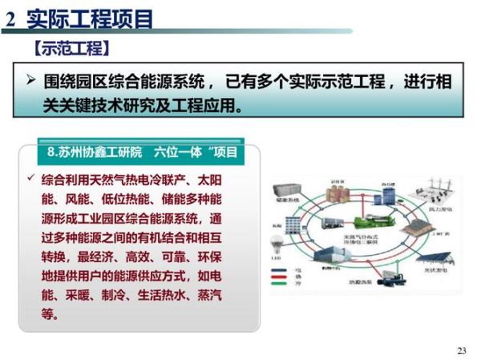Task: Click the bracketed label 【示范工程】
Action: pyautogui.click(x=71, y=48)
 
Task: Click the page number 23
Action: pyautogui.click(x=461, y=350)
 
